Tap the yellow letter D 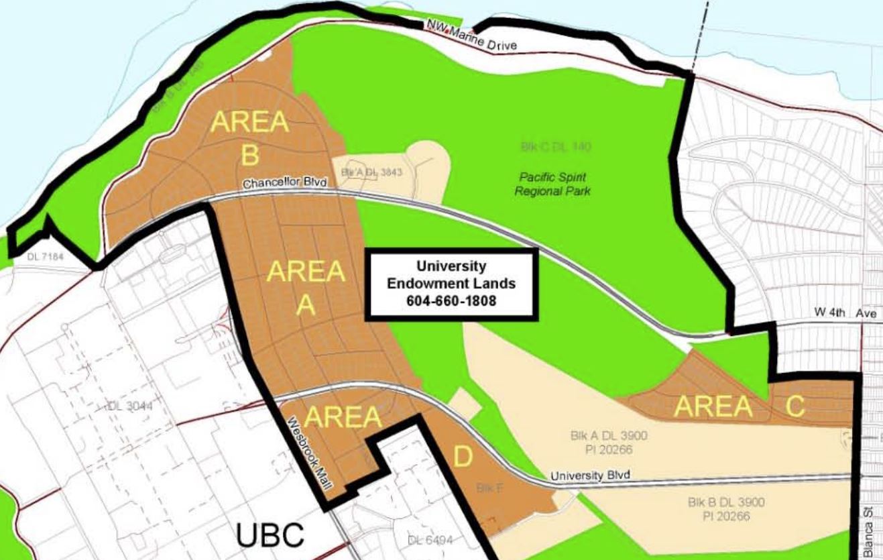(463, 458)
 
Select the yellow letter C (795, 406)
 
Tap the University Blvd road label (590, 475)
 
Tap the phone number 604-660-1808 (451, 301)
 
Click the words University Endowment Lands (451, 275)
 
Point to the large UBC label (270, 535)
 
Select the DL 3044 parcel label (129, 406)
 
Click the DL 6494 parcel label (429, 541)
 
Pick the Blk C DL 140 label (556, 146)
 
